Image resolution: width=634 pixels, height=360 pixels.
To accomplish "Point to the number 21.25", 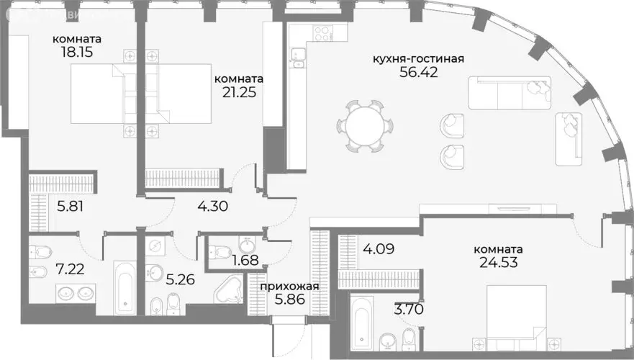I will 237,92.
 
